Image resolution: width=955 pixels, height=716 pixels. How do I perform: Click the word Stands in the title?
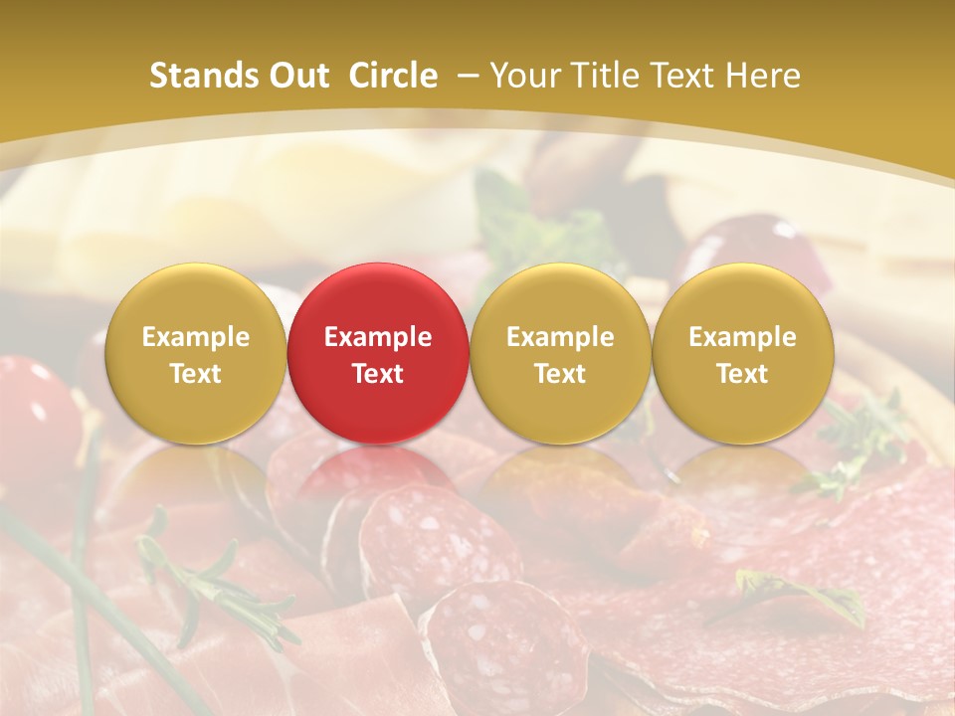click(x=200, y=76)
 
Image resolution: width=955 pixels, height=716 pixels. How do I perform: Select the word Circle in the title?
click(x=393, y=76)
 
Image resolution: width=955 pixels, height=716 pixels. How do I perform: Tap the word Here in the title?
click(x=763, y=76)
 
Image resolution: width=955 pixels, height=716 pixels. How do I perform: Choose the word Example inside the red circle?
click(x=378, y=337)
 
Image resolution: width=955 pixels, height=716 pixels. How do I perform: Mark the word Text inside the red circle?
click(x=378, y=374)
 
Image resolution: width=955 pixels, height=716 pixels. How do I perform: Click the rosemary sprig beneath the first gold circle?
click(x=209, y=587)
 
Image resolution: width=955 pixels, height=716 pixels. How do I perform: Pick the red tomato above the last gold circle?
click(x=766, y=244)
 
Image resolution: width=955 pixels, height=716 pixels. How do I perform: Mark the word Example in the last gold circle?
click(x=743, y=337)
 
